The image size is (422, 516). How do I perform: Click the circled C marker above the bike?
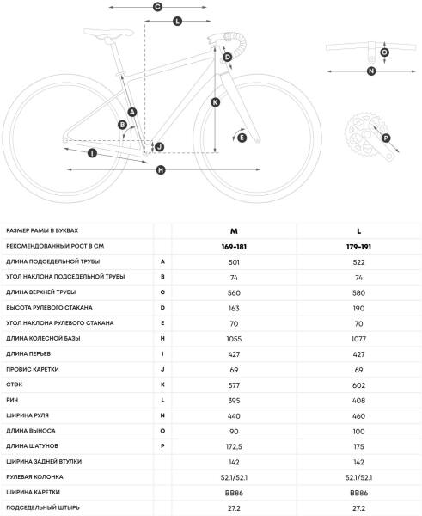tap(157, 7)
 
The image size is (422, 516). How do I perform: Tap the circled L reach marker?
tap(177, 21)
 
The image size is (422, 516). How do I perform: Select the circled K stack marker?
tap(215, 102)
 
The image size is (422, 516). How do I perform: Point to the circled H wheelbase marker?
tap(161, 169)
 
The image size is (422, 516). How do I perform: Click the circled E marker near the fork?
tap(242, 138)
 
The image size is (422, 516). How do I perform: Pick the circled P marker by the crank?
tap(386, 138)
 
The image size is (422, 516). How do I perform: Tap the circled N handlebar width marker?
tap(371, 71)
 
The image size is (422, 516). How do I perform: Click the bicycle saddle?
tap(108, 34)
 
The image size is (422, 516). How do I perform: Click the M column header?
tap(234, 231)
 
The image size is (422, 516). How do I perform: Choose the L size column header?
tap(359, 231)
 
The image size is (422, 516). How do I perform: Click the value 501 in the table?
tap(234, 262)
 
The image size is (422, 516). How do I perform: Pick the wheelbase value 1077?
tap(358, 339)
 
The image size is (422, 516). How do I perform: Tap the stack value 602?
tap(358, 385)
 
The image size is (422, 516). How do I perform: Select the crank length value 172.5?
tap(234, 447)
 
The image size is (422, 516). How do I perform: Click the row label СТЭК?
tap(14, 384)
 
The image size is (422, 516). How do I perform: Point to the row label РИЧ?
tap(12, 400)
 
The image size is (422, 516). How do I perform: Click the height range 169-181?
tap(234, 247)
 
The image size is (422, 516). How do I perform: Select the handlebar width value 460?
tap(358, 416)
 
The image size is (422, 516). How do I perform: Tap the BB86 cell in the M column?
tap(234, 493)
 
